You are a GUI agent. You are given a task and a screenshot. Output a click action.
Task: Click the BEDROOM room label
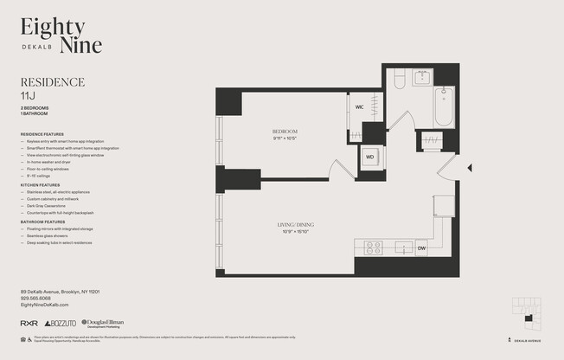pos(285,132)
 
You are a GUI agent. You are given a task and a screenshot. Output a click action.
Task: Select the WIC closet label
pos(359,107)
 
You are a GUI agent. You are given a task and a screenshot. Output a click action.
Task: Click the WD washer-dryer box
pos(369,157)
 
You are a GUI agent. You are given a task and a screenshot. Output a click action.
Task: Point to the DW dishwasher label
pos(421,248)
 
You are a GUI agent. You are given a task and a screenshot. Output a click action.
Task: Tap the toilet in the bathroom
pos(399,80)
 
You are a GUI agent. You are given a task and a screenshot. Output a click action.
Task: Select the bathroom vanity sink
pos(423,78)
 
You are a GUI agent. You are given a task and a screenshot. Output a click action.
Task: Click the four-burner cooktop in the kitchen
pos(373,247)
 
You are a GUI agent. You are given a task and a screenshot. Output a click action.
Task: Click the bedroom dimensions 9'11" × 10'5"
pos(285,138)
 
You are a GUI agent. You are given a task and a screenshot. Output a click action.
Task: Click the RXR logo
pos(29,323)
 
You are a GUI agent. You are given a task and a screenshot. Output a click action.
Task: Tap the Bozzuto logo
pos(60,323)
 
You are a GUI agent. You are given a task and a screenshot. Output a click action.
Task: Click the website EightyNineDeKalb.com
pos(44,305)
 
